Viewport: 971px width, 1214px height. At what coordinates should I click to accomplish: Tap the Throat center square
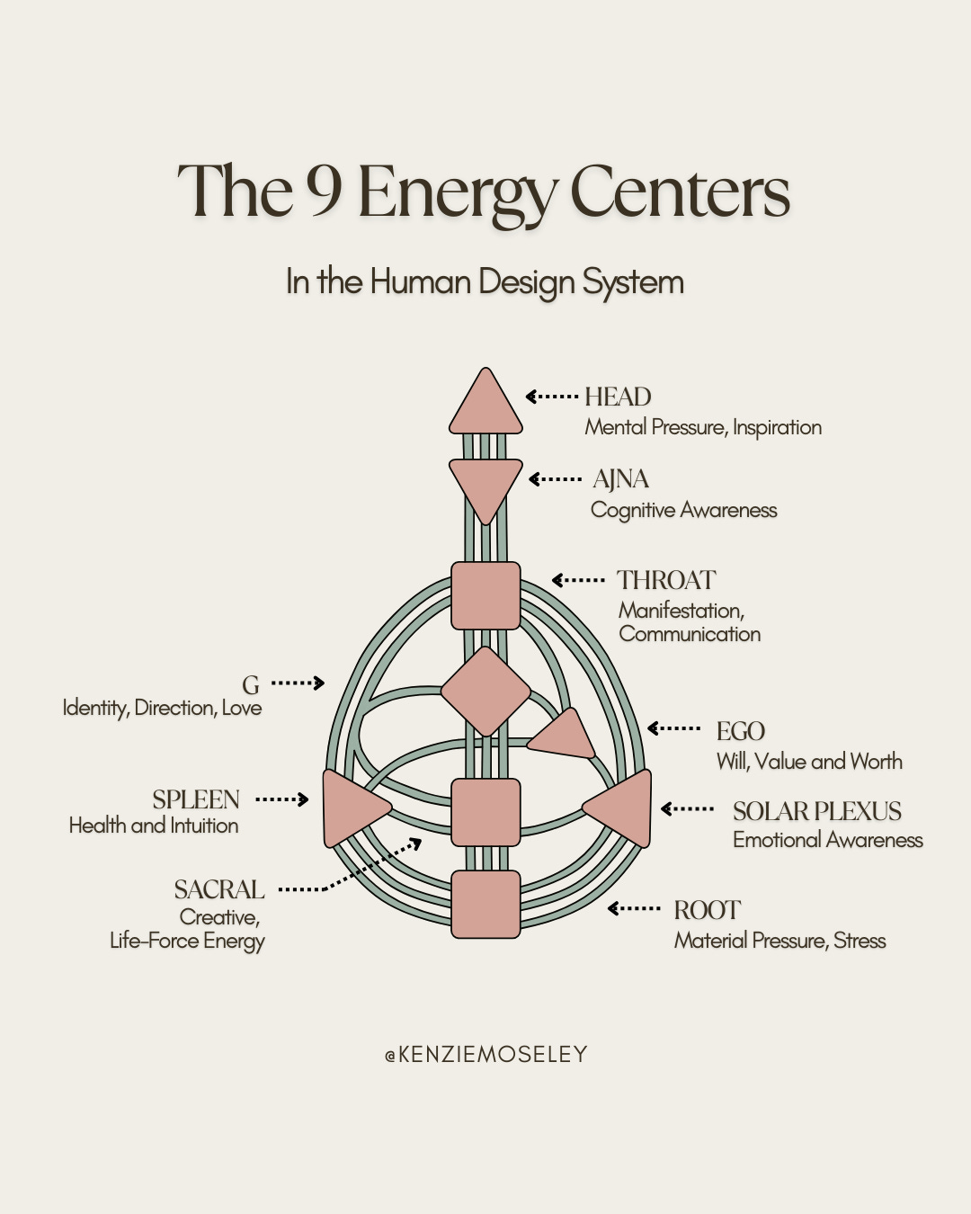(485, 595)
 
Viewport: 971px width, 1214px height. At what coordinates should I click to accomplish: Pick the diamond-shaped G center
(485, 691)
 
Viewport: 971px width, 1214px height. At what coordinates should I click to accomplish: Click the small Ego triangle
(564, 736)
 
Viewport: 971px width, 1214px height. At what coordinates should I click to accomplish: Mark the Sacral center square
(485, 812)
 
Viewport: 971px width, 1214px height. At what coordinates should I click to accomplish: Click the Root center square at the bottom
(485, 904)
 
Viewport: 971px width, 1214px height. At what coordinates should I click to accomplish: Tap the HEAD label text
(618, 397)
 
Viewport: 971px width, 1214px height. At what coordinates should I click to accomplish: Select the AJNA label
(620, 479)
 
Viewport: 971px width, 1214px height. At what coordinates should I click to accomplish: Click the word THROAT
(666, 580)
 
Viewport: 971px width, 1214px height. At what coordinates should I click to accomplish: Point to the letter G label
(251, 685)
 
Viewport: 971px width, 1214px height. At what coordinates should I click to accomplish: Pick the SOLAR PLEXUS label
(816, 811)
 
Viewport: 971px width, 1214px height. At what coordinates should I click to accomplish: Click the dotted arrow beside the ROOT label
(635, 909)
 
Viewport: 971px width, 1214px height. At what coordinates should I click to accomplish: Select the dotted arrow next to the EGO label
(674, 728)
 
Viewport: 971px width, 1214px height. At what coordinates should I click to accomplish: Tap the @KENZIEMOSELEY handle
(485, 1054)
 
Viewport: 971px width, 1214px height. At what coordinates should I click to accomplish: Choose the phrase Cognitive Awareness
(683, 510)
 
